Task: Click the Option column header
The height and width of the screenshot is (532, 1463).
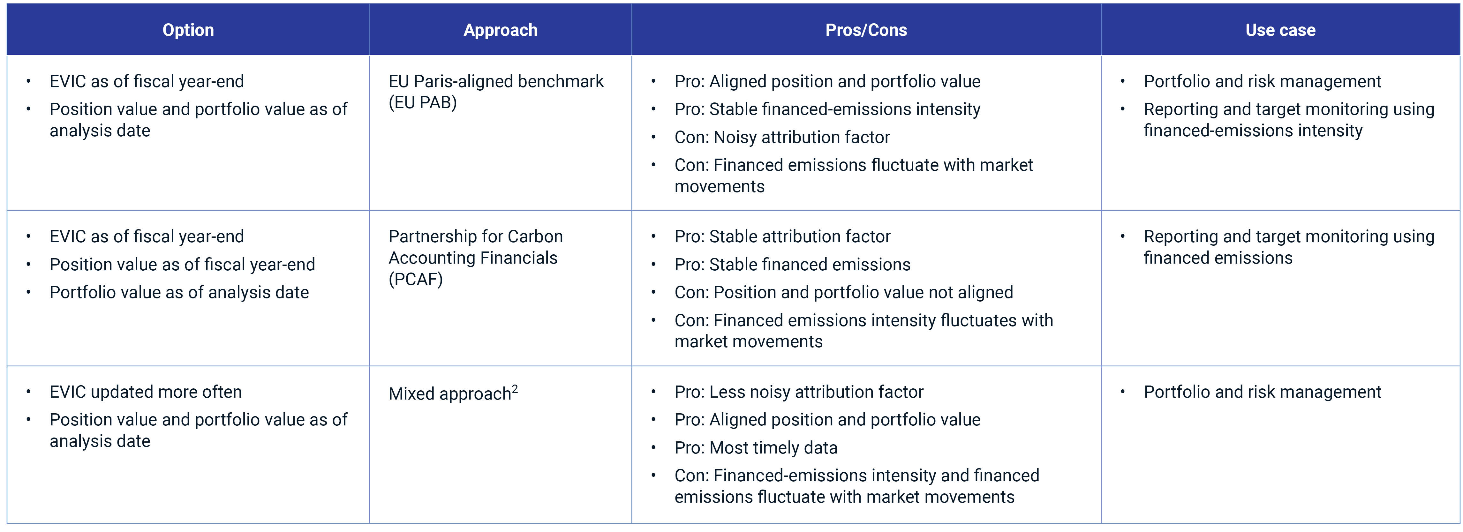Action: click(x=188, y=30)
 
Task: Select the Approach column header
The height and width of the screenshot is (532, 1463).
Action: click(x=500, y=30)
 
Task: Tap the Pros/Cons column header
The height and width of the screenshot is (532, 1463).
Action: click(x=866, y=30)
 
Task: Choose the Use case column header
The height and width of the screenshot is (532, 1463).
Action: click(x=1280, y=30)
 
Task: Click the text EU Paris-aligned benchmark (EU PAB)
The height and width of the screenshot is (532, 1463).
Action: click(x=496, y=92)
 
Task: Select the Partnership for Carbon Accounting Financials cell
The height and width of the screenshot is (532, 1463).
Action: click(x=475, y=258)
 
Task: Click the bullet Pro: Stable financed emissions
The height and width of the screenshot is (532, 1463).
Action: click(x=792, y=265)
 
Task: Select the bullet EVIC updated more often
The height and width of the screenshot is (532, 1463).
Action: click(x=145, y=392)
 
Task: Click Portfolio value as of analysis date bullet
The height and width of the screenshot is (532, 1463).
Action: click(x=179, y=292)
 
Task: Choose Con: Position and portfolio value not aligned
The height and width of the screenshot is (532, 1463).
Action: click(x=843, y=292)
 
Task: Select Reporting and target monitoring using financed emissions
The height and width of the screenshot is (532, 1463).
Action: click(x=1289, y=247)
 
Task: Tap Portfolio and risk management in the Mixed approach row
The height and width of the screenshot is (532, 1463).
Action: click(x=1262, y=392)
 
